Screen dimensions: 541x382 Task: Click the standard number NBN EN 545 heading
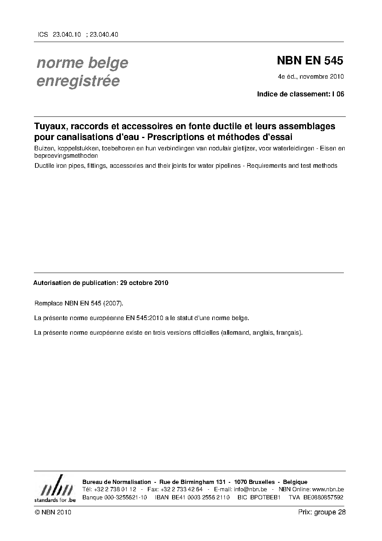[x=310, y=61]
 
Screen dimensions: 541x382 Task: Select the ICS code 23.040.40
[x=104, y=34]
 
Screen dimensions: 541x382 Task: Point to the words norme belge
[x=82, y=63]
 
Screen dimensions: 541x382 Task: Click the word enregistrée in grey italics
[x=78, y=81]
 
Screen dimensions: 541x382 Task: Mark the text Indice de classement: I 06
[x=300, y=94]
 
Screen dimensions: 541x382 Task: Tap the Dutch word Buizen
[x=44, y=148]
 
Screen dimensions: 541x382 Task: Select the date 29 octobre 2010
[x=144, y=283]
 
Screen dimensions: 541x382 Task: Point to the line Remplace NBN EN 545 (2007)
[x=79, y=303]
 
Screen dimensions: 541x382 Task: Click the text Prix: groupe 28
[x=322, y=512]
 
